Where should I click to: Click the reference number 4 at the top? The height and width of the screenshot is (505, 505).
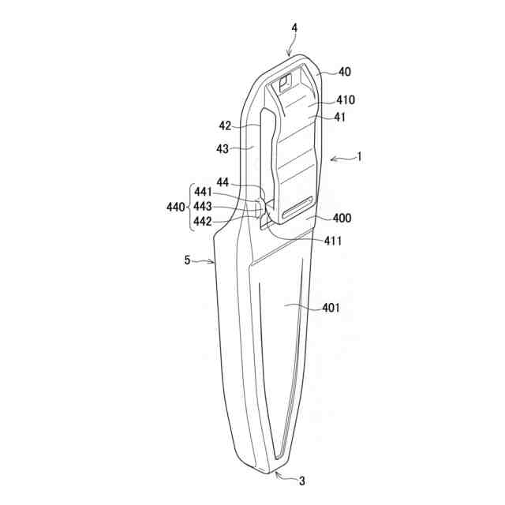294,28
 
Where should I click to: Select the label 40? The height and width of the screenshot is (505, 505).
345,72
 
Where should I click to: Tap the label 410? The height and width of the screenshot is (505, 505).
346,100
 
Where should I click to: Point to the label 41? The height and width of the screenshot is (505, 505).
341,117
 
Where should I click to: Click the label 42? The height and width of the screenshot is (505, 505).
225,125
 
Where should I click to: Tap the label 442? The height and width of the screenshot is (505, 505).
203,222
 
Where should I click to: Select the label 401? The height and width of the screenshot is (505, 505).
330,308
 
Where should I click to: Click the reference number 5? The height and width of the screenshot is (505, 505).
187,260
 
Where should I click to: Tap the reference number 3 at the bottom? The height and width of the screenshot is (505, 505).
301,480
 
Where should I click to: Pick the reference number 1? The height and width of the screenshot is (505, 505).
359,156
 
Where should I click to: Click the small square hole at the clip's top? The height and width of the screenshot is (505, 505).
286,77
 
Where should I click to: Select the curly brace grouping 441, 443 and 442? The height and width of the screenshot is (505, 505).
189,208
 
